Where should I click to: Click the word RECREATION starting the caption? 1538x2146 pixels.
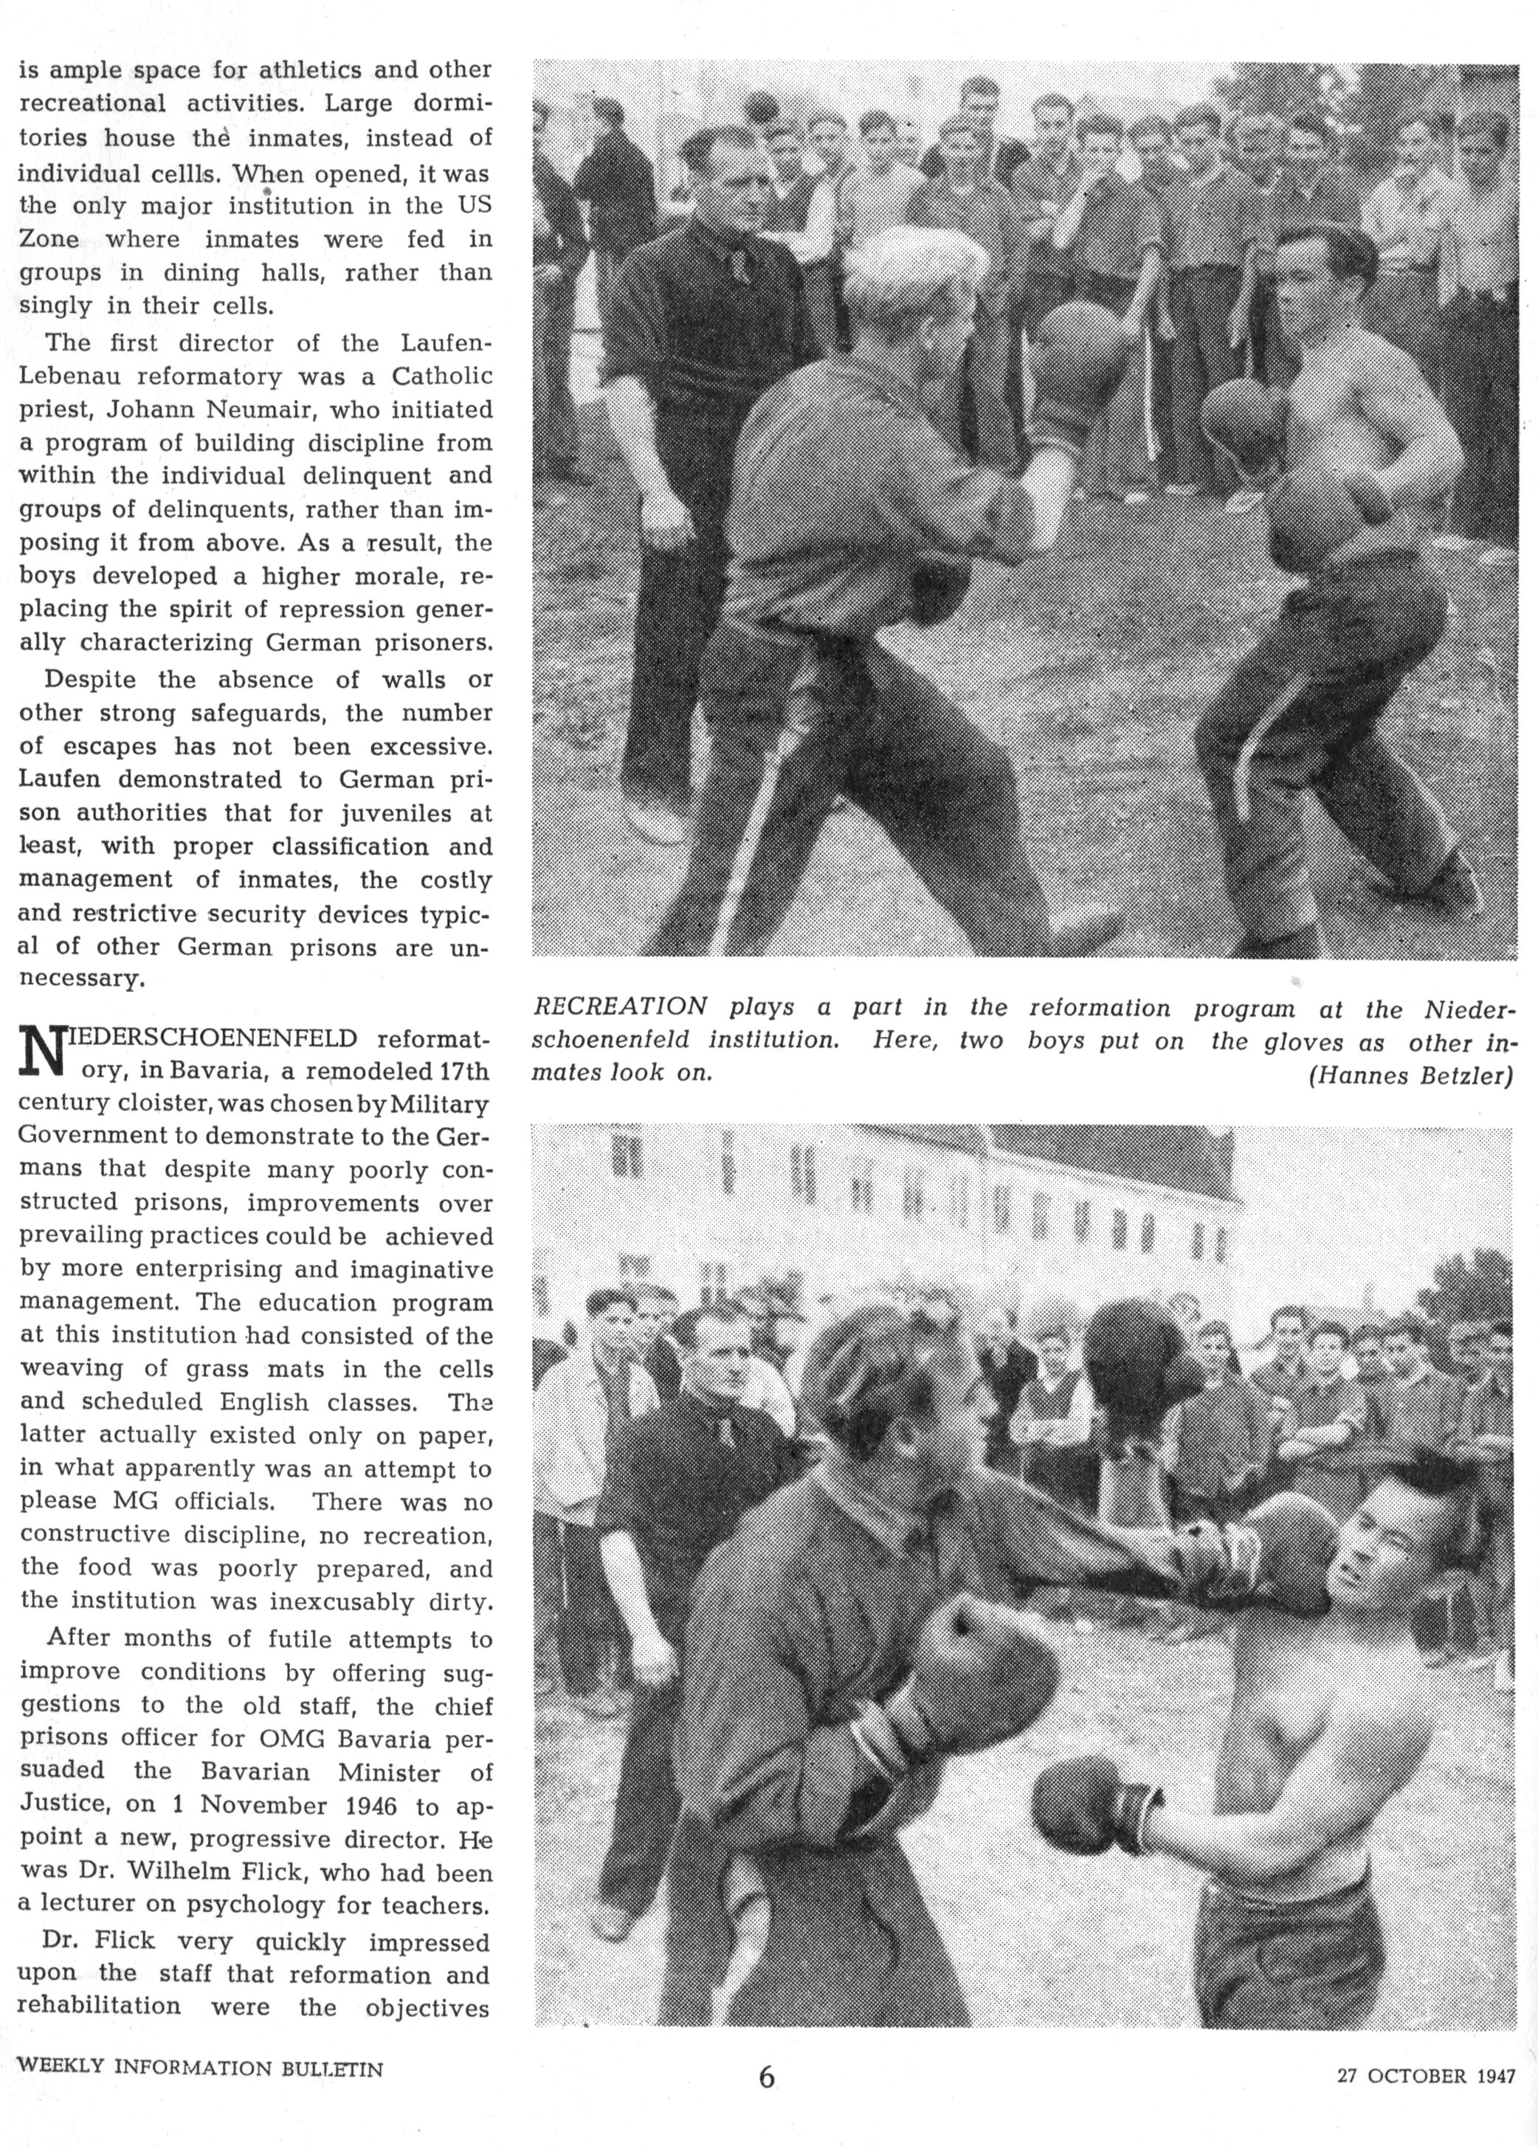[621, 1007]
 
